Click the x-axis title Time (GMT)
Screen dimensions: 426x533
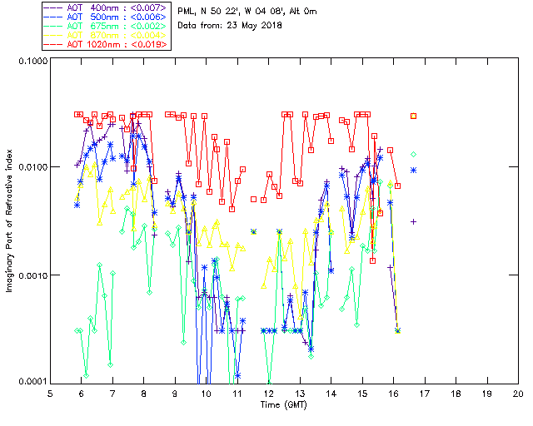(x=283, y=405)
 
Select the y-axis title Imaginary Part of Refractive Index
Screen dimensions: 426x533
(x=11, y=222)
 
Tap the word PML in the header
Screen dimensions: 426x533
(x=189, y=11)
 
